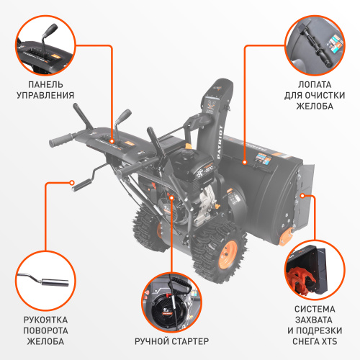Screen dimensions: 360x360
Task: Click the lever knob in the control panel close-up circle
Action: [50, 30]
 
